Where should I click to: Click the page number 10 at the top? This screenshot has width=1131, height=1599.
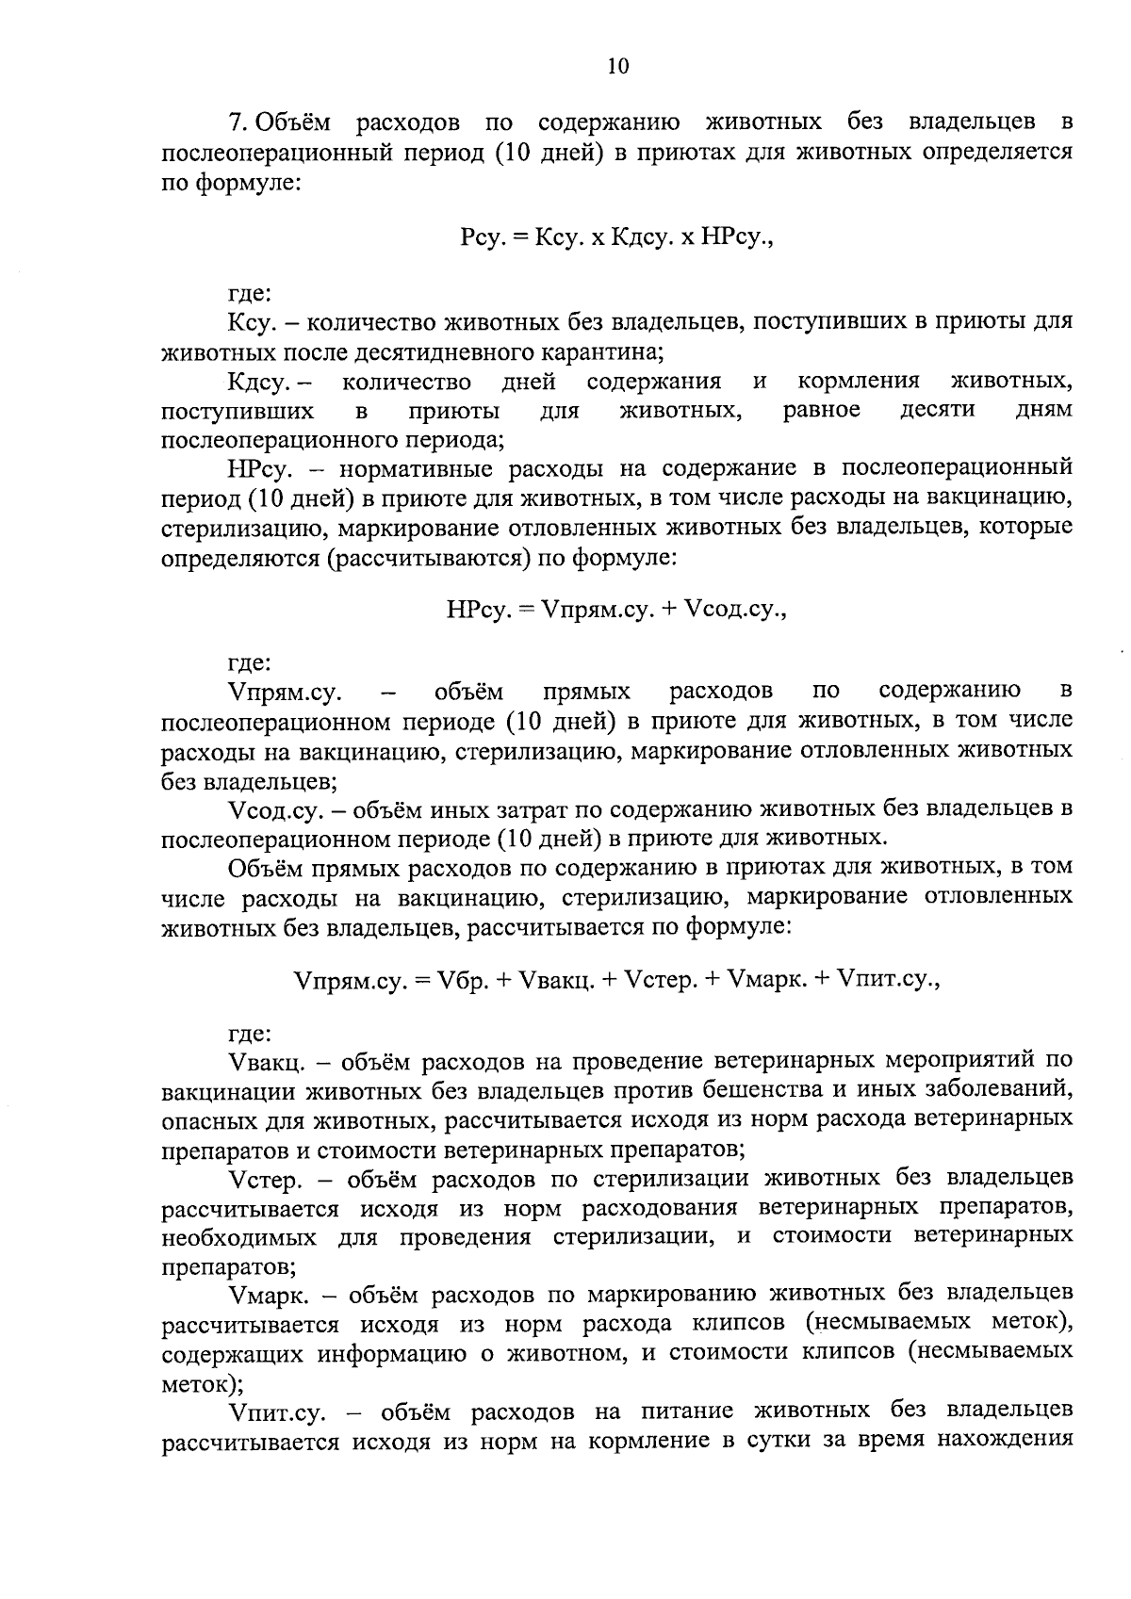pyautogui.click(x=617, y=65)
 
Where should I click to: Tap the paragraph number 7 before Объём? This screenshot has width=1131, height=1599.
pyautogui.click(x=237, y=122)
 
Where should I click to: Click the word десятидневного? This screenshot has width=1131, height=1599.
pyautogui.click(x=428, y=352)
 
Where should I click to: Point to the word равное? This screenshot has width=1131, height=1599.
pyautogui.click(x=822, y=411)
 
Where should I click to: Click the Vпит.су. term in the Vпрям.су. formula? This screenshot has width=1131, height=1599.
pyautogui.click(x=889, y=980)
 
